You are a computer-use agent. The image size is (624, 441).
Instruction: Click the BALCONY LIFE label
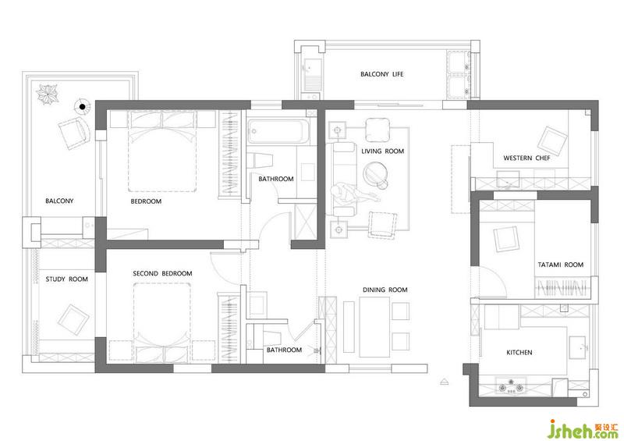(381, 74)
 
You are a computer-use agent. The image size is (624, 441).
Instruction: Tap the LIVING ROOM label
(382, 151)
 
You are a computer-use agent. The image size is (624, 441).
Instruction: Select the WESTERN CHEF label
(526, 158)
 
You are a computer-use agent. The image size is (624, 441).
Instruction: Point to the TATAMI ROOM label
(560, 265)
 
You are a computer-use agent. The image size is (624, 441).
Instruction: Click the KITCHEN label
(519, 353)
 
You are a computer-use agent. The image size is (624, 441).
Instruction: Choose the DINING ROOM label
(385, 290)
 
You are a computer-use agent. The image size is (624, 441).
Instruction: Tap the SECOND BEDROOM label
(162, 274)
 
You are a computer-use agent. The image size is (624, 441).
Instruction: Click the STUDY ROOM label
(66, 279)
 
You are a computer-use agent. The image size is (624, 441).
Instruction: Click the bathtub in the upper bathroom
(278, 131)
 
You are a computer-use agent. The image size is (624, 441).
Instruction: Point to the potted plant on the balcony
(48, 94)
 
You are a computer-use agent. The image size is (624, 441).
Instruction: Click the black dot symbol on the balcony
(83, 107)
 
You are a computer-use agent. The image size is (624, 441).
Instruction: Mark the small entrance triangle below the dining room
(445, 381)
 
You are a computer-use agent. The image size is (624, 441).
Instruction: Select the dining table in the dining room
(374, 327)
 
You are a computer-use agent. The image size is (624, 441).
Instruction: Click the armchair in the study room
(73, 320)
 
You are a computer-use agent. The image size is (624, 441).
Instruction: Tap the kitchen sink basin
(578, 347)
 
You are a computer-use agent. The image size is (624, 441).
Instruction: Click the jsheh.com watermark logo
(583, 429)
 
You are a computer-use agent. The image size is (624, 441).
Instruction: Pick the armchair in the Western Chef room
(552, 141)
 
